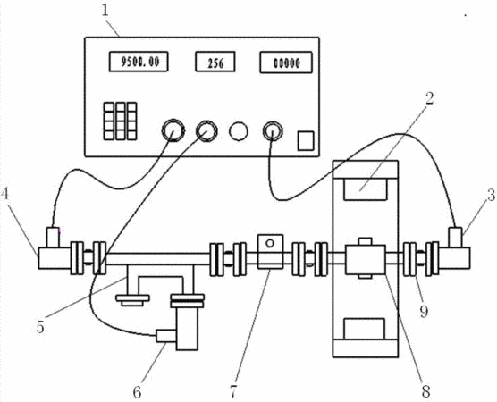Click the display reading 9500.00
[139, 62]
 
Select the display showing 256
[215, 62]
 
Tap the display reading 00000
[286, 63]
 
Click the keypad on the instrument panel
[121, 121]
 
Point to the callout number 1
[105, 11]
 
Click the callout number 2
[429, 99]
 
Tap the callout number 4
[5, 194]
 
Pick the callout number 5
[40, 327]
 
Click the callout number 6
[137, 393]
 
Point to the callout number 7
[233, 392]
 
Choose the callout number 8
[425, 391]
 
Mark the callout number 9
[424, 312]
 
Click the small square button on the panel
[306, 140]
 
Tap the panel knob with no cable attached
[239, 131]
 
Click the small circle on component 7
[270, 243]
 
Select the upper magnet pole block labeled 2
[366, 189]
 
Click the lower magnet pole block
[365, 329]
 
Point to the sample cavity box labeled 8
[366, 259]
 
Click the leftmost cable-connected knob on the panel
[173, 130]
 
